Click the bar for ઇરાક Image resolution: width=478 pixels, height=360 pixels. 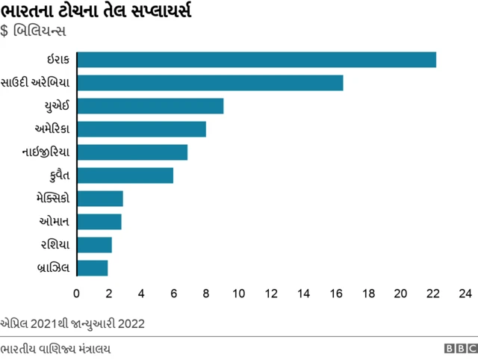tap(256, 60)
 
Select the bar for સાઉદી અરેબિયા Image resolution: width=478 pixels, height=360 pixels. tap(210, 83)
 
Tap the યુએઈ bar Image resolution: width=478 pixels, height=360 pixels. tap(150, 106)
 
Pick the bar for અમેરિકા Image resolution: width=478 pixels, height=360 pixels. tap(141, 129)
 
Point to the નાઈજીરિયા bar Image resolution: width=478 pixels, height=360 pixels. tap(132, 152)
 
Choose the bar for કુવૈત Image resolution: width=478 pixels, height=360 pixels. tap(125, 176)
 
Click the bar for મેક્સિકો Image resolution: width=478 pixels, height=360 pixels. tap(100, 199)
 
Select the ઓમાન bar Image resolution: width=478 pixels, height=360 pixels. tap(99, 222)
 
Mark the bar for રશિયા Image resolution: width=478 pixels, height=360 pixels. tap(94, 245)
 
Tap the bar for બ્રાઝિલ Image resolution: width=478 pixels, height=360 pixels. tap(93, 267)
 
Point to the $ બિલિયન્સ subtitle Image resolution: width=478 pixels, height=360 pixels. tap(34, 33)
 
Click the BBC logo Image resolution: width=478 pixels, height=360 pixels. tap(459, 349)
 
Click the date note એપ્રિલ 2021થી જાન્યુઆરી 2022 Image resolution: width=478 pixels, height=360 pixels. tap(72, 323)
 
